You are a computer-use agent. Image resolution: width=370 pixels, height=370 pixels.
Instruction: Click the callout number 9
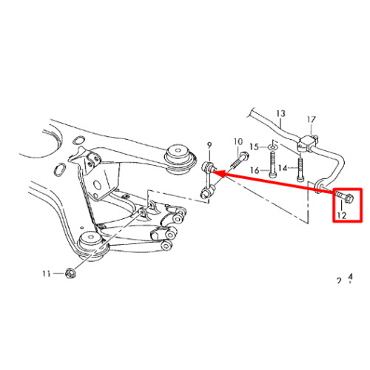pyautogui.click(x=209, y=145)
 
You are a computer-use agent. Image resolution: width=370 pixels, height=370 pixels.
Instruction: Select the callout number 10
pyautogui.click(x=238, y=142)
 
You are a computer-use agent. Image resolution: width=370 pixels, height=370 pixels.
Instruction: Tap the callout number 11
pyautogui.click(x=47, y=274)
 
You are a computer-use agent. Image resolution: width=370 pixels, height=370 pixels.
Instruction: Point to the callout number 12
pyautogui.click(x=342, y=215)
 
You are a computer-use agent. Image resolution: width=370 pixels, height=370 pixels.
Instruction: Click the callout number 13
pyautogui.click(x=280, y=114)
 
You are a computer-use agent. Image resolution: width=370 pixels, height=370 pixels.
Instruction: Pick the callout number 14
pyautogui.click(x=283, y=168)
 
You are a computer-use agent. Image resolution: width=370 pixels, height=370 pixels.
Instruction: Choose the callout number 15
pyautogui.click(x=255, y=147)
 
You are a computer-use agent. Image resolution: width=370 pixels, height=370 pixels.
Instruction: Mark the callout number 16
pyautogui.click(x=255, y=170)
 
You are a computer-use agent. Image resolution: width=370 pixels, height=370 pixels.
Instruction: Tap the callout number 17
pyautogui.click(x=312, y=120)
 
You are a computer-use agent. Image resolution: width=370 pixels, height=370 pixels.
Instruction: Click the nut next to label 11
pyautogui.click(x=71, y=273)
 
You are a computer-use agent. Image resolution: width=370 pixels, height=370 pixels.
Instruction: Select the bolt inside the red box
pyautogui.click(x=345, y=198)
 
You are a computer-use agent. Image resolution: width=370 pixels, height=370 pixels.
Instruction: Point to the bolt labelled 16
pyautogui.click(x=272, y=164)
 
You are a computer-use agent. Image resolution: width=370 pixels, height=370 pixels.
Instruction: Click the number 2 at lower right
pyautogui.click(x=339, y=280)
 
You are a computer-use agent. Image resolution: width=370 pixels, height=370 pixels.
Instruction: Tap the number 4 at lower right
pyautogui.click(x=350, y=277)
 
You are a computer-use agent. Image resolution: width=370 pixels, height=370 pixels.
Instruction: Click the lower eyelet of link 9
pyautogui.click(x=205, y=193)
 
